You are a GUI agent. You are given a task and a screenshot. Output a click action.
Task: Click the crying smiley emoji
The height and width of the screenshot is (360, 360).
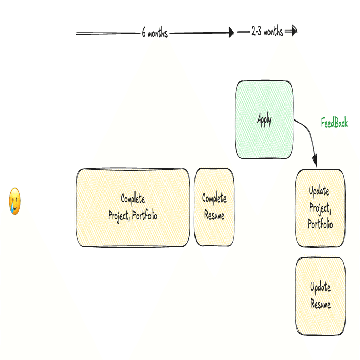click(14, 201)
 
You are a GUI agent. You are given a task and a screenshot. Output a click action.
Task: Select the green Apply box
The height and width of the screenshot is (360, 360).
click(264, 119)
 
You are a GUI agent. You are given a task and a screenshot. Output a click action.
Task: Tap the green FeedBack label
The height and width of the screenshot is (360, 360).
click(334, 123)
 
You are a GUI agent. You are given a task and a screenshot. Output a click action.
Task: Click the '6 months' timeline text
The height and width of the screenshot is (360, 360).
click(155, 33)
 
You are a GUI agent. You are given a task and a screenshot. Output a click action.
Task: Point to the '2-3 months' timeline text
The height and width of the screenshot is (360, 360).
click(267, 31)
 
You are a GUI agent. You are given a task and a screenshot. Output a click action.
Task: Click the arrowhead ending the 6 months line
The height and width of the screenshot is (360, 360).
click(231, 33)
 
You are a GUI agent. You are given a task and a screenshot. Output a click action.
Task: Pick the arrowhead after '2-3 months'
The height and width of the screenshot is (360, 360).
click(294, 31)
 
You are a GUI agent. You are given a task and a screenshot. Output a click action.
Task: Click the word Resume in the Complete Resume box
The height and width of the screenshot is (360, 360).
click(215, 215)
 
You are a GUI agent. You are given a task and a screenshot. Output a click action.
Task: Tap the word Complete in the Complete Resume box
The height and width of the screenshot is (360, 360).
click(214, 199)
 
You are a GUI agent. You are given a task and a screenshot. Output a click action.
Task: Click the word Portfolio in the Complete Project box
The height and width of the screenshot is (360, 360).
click(145, 215)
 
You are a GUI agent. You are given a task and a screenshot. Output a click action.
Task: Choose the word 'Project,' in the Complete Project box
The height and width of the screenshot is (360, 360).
click(119, 216)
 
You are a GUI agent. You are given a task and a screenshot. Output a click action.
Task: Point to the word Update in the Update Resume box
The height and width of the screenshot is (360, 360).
click(321, 288)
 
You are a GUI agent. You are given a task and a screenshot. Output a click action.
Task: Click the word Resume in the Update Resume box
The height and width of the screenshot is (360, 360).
click(321, 304)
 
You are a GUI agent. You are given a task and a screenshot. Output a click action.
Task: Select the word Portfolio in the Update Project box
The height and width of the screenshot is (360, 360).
click(320, 223)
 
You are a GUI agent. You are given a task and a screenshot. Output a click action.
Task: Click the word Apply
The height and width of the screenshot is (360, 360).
click(264, 120)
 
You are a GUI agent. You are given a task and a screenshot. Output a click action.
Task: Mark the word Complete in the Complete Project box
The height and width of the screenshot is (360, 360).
click(133, 199)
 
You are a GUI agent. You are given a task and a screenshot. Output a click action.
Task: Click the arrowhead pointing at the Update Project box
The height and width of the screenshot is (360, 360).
click(315, 160)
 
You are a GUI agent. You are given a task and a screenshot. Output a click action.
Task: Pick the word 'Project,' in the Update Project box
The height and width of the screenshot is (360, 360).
click(320, 208)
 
